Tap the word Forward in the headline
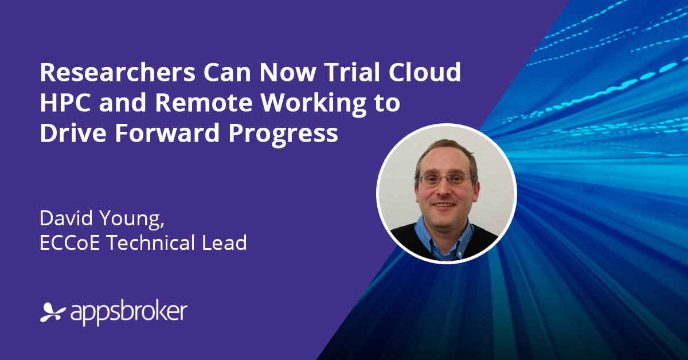pyautogui.click(x=167, y=132)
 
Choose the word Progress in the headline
pyautogui.click(x=283, y=135)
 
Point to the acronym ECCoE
pyautogui.click(x=70, y=242)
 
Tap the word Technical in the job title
pyautogui.click(x=151, y=242)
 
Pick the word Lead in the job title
pyautogui.click(x=225, y=242)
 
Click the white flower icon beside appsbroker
pyautogui.click(x=53, y=312)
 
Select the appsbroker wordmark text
pyautogui.click(x=128, y=314)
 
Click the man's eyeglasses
pyautogui.click(x=445, y=179)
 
